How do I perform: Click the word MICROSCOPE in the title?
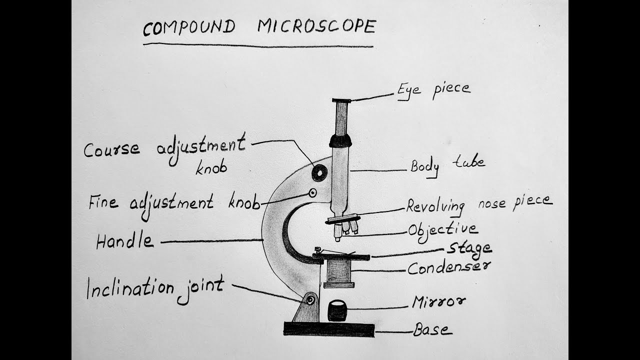point(316,26)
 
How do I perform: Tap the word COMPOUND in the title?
point(188,28)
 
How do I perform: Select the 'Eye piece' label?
point(433,90)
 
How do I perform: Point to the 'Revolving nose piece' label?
point(478,203)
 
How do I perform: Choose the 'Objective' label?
point(442,230)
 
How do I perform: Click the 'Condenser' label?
point(448,268)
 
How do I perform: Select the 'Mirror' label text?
point(438,301)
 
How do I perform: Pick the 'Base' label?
point(432,329)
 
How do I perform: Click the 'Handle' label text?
point(124,241)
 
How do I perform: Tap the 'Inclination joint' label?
point(155,289)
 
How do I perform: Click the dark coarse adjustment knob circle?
point(319,173)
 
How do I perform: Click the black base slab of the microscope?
point(329,329)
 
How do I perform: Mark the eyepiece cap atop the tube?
point(341,101)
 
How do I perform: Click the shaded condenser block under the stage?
point(339,271)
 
